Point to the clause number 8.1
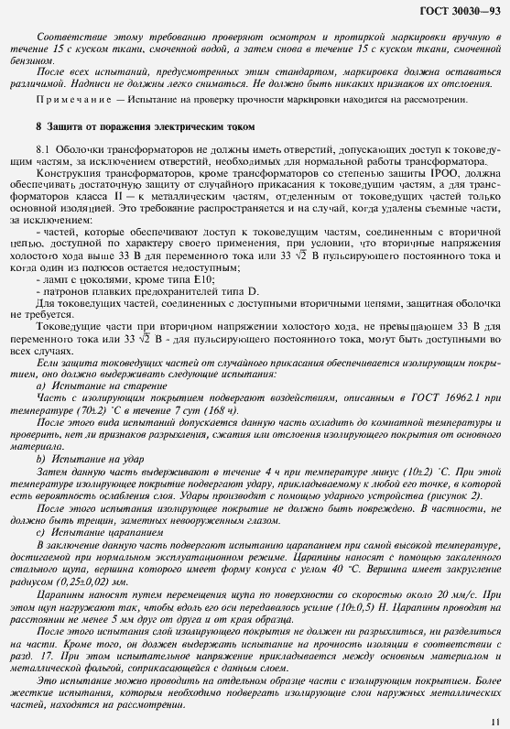point(40,148)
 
